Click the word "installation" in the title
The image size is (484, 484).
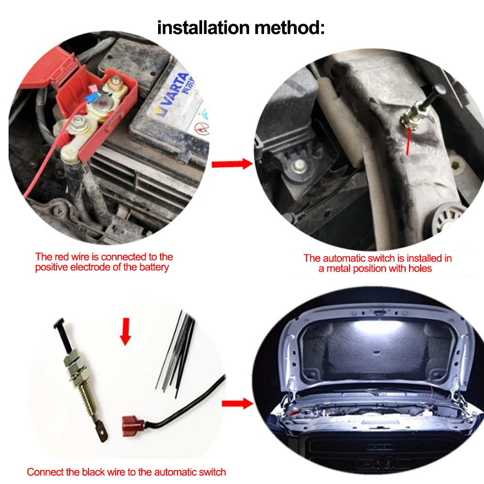click(x=203, y=28)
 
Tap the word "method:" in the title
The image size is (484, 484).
click(x=290, y=28)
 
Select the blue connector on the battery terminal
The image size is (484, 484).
click(x=90, y=99)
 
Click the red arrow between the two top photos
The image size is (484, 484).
click(x=232, y=163)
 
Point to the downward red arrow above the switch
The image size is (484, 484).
click(x=125, y=332)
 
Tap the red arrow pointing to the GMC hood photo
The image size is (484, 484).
click(x=237, y=403)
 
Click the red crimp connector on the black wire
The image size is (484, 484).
click(x=133, y=425)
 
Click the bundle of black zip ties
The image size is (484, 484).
click(x=176, y=354)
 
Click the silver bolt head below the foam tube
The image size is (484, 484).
click(x=298, y=167)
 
